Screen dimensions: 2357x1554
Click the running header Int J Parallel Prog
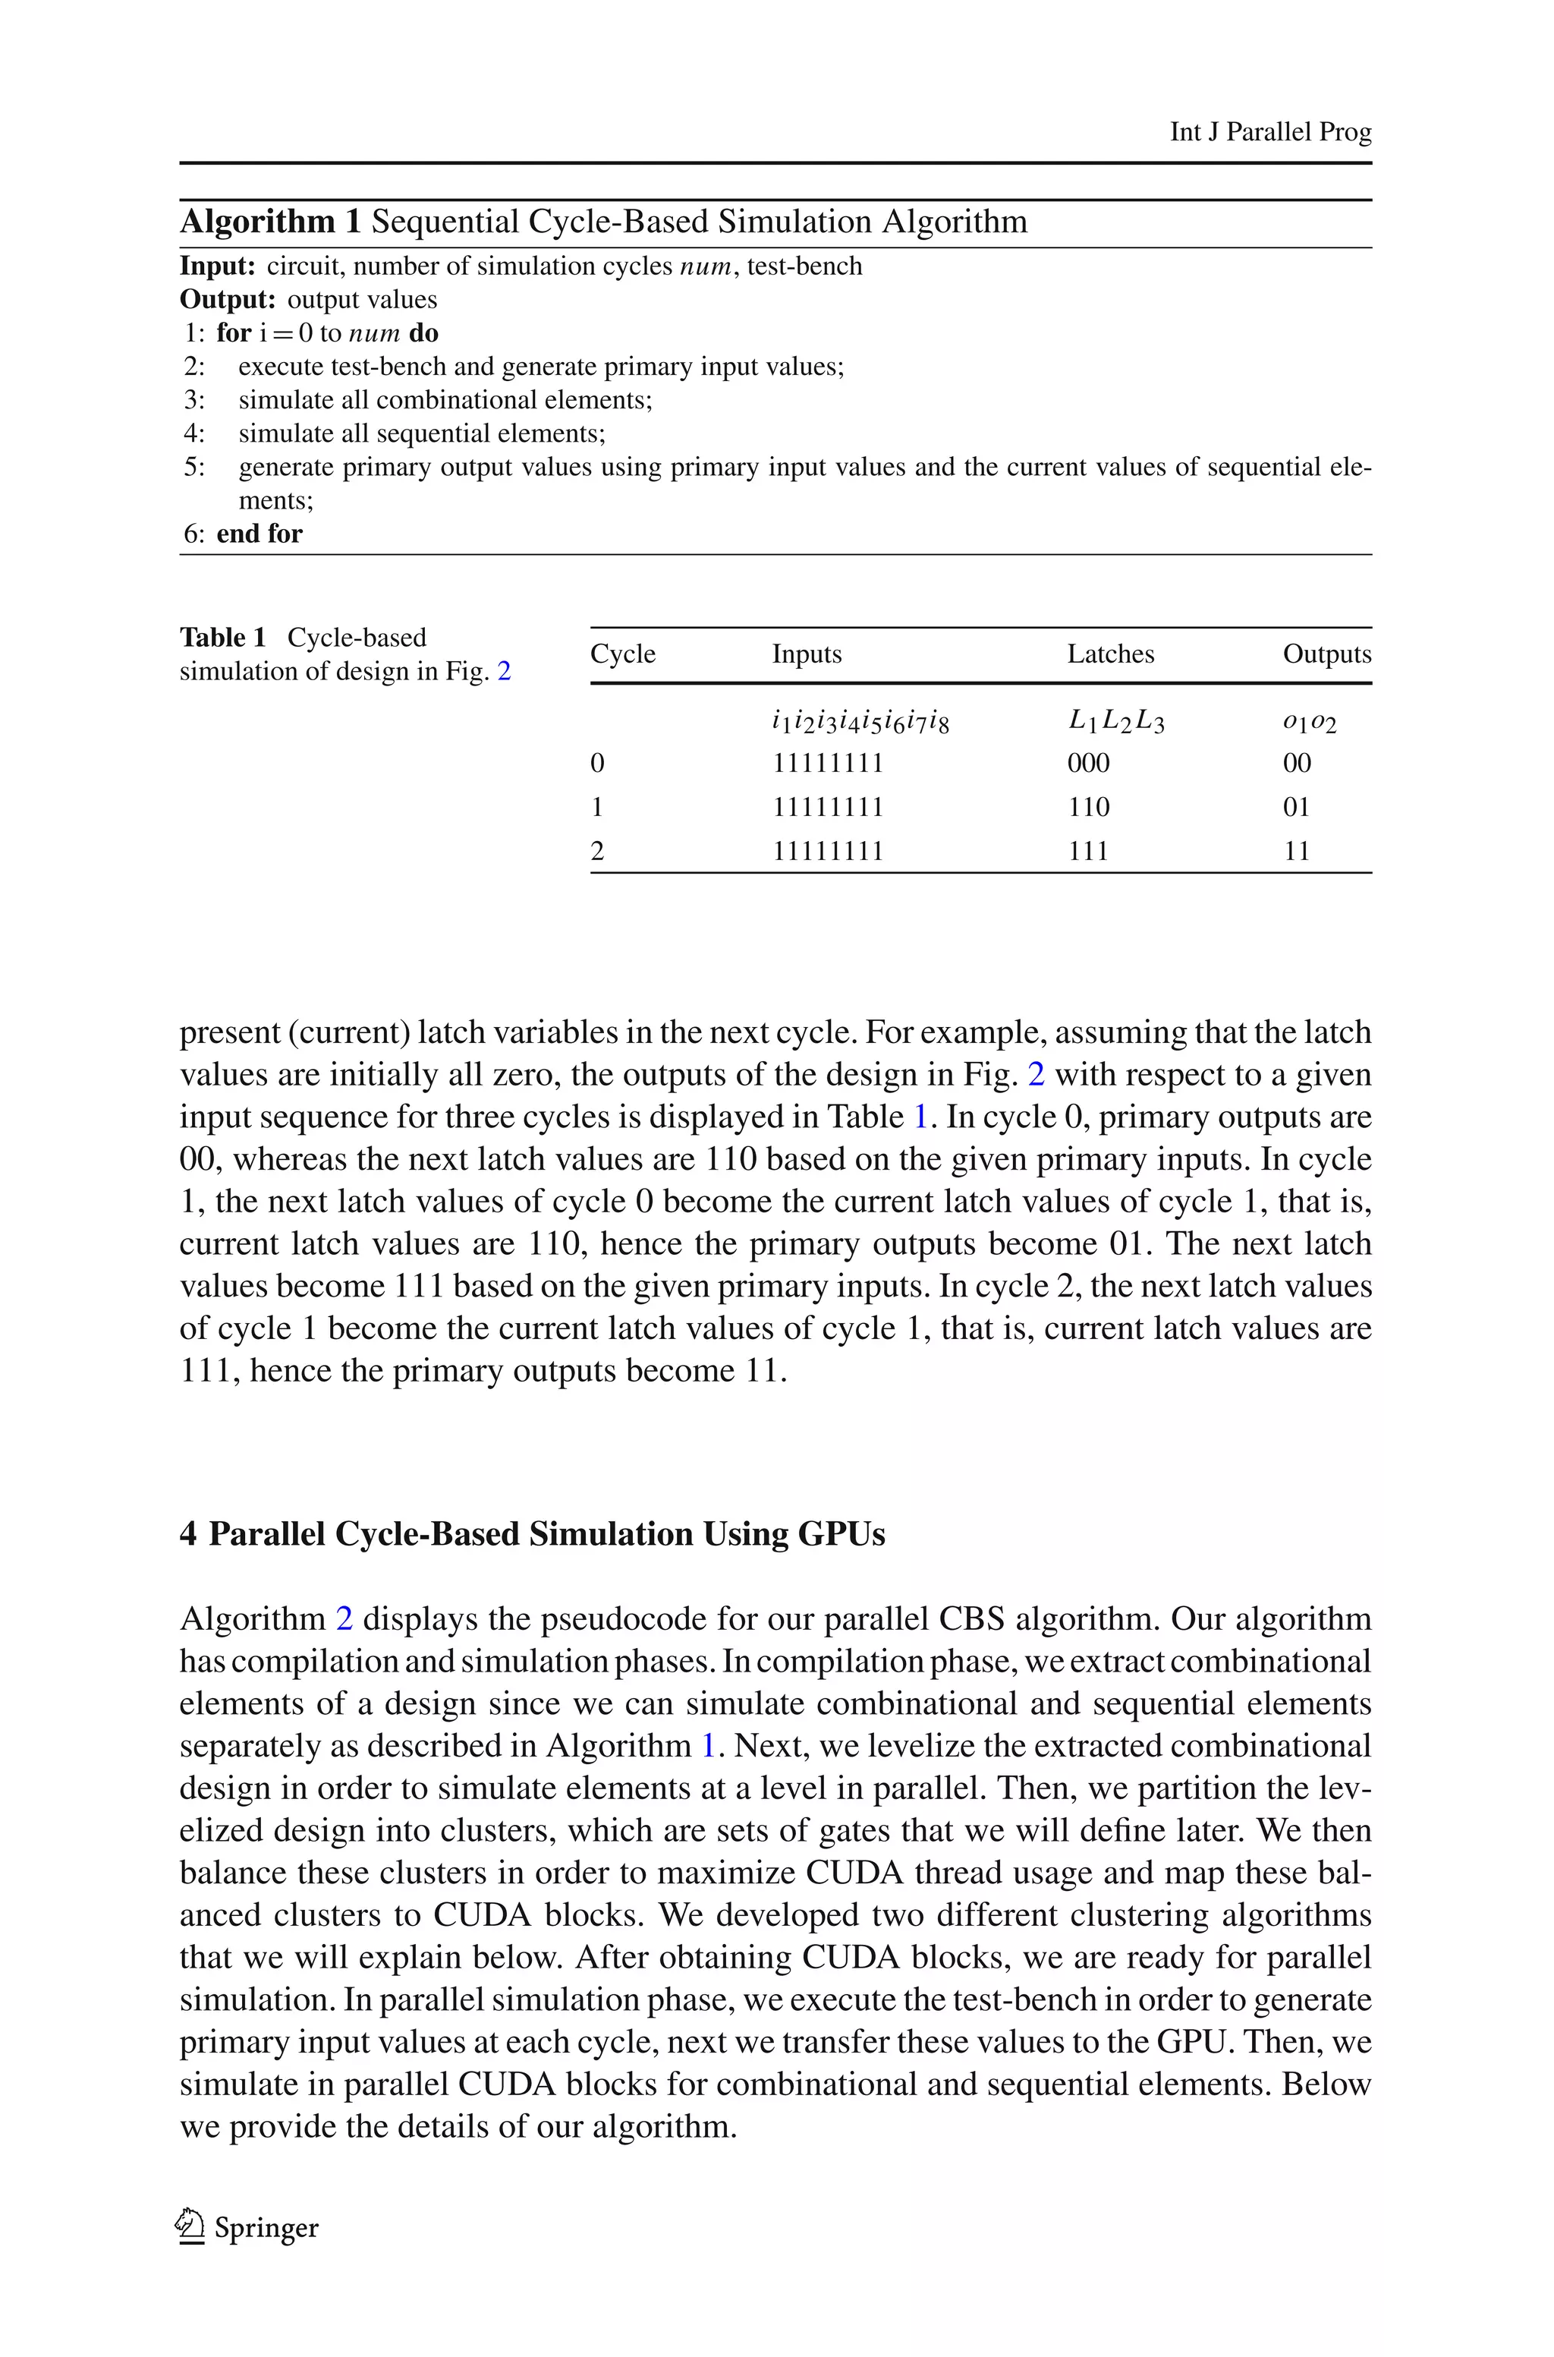click(1269, 132)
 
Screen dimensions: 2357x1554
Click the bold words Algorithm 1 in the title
click(269, 221)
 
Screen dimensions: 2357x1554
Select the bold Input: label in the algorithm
click(217, 266)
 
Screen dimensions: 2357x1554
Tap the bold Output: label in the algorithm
click(227, 299)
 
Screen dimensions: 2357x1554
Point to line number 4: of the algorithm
click(193, 433)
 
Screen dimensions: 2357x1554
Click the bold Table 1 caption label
click(223, 638)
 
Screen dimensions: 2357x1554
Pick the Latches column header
click(1110, 654)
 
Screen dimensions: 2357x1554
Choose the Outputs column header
click(1326, 654)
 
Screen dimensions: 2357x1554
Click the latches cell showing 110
click(1088, 807)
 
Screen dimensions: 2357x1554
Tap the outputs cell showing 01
click(1296, 807)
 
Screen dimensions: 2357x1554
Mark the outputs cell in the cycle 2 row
click(1296, 850)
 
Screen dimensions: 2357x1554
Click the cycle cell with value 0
click(596, 763)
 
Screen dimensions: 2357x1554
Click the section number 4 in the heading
click(188, 1533)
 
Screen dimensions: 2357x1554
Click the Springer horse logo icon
click(189, 2226)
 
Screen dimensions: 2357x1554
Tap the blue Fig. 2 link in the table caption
click(504, 671)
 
